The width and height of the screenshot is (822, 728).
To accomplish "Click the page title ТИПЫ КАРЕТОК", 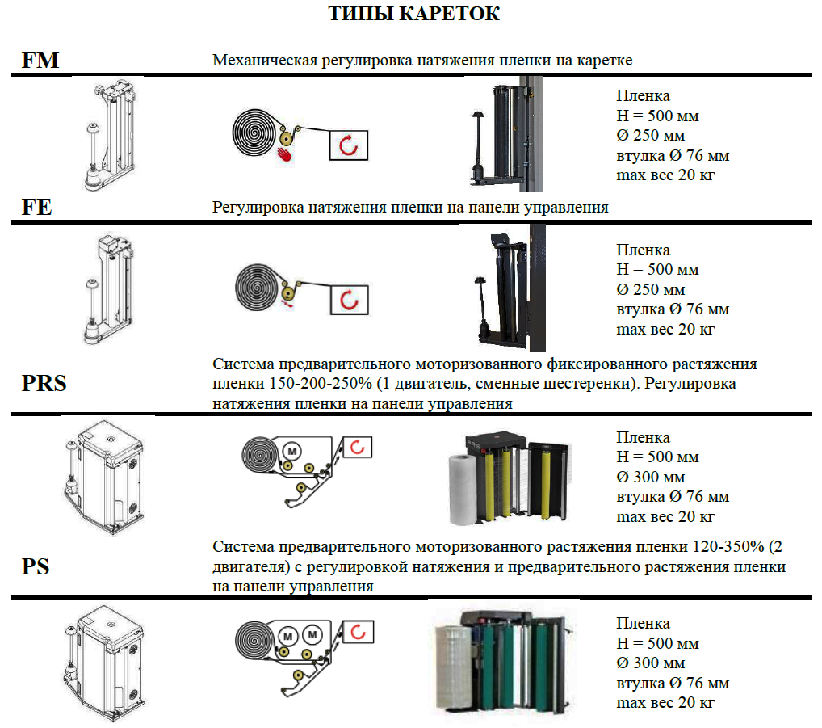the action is click(x=414, y=13).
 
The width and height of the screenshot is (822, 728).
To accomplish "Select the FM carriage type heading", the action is click(x=40, y=60).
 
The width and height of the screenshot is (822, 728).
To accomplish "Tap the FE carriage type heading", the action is click(x=36, y=207).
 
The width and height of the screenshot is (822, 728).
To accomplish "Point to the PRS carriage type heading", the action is click(x=44, y=384).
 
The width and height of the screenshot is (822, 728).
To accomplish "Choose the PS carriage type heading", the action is click(x=36, y=567).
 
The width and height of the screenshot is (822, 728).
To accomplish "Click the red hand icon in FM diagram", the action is click(x=284, y=154).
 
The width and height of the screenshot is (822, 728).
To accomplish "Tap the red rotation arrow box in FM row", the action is click(x=349, y=145).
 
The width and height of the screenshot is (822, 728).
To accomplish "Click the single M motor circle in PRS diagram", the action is click(x=292, y=451).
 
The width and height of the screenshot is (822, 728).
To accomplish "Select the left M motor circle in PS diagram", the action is click(x=287, y=636).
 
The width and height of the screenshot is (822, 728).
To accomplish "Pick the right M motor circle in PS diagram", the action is click(x=312, y=634).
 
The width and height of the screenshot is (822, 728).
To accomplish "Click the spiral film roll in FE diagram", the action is click(x=257, y=288).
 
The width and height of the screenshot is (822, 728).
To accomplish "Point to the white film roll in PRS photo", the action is click(x=463, y=490).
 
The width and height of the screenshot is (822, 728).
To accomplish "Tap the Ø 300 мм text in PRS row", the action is click(x=651, y=477).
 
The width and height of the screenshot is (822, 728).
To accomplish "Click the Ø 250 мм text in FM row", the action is click(x=651, y=135).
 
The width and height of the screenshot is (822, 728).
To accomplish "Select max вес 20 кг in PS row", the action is click(x=665, y=702).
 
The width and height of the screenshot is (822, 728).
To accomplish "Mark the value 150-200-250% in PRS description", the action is click(x=321, y=384).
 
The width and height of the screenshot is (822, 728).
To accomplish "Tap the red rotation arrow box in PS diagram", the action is click(x=358, y=632).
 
